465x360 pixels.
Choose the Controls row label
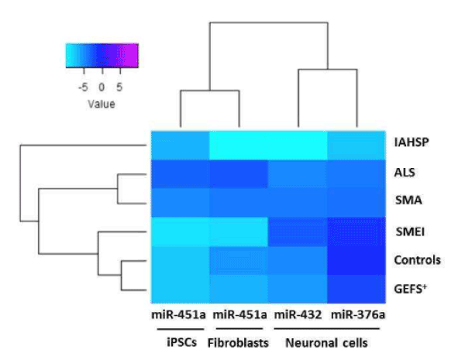pos(417,259)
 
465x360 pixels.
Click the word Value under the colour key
pos(101,102)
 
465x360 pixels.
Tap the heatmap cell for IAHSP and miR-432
pos(298,144)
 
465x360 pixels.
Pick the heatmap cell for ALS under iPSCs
pos(179,173)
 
